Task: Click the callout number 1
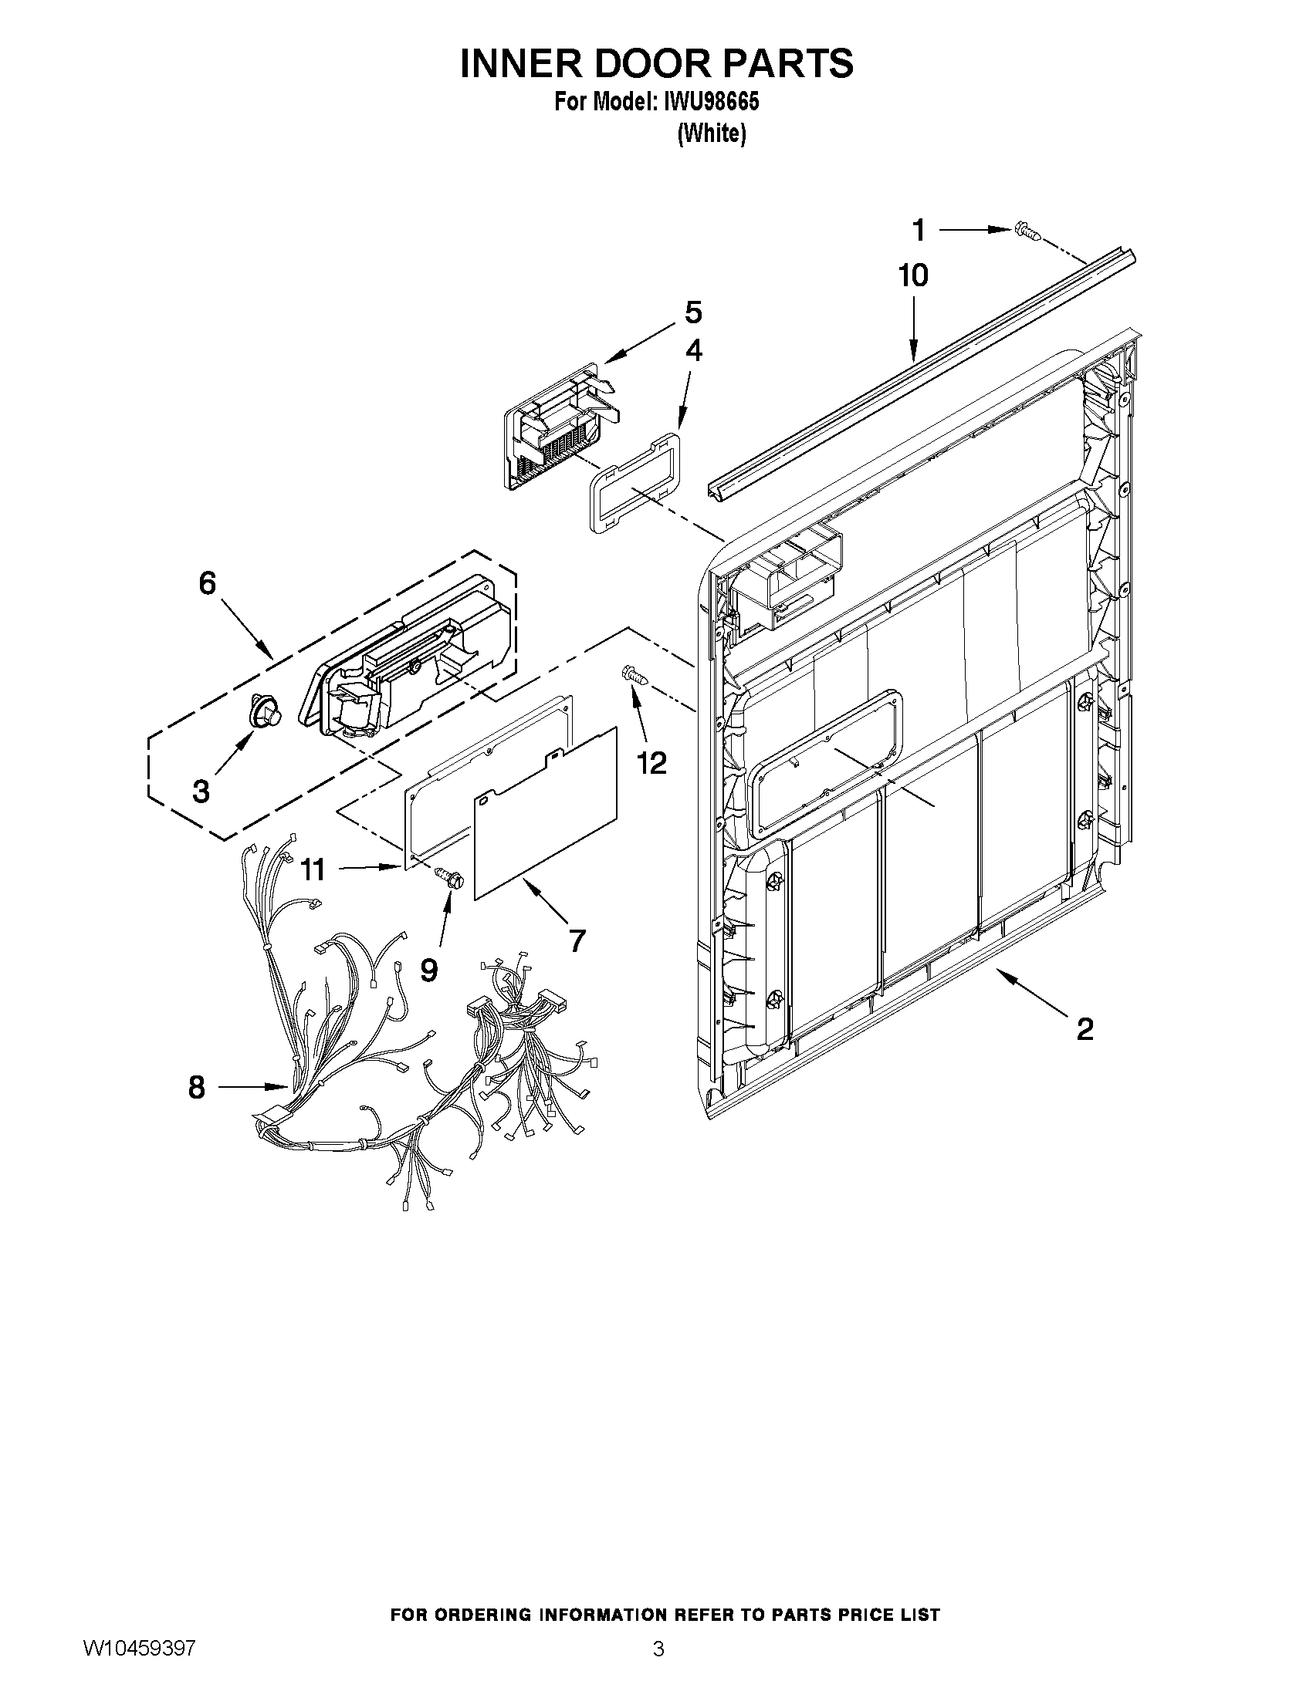pos(919,230)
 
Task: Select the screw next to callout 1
pos(1026,230)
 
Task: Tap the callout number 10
pos(913,276)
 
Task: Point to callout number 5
pos(693,312)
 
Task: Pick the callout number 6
pos(207,583)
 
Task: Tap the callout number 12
pos(652,764)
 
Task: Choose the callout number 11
pos(313,869)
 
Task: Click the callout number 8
pos(197,1087)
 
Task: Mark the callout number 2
pos(1085,1029)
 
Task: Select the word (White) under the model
pos(712,134)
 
